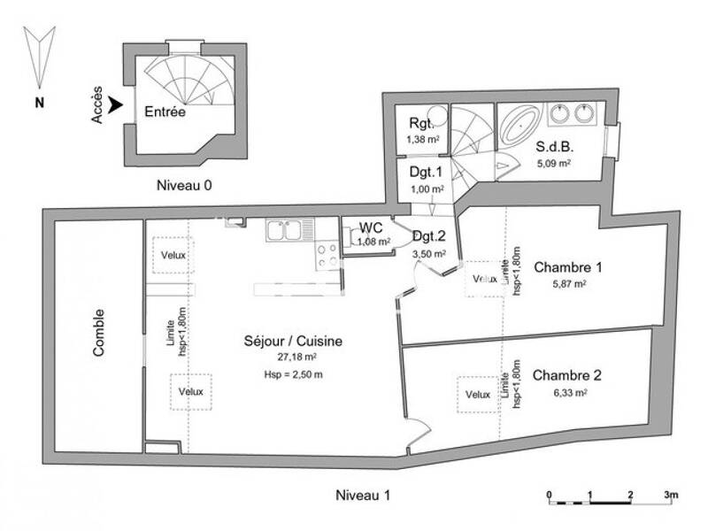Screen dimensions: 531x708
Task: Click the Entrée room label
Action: pyautogui.click(x=165, y=112)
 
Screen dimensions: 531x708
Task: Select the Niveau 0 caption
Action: pyautogui.click(x=184, y=186)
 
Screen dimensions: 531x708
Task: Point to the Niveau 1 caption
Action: pyautogui.click(x=362, y=495)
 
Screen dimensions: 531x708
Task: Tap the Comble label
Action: pyautogui.click(x=97, y=333)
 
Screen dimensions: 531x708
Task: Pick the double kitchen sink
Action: pyautogui.click(x=286, y=232)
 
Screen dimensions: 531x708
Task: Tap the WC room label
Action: pyautogui.click(x=371, y=227)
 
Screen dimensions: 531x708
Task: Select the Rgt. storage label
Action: pyautogui.click(x=421, y=124)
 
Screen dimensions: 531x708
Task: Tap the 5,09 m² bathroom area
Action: pyautogui.click(x=553, y=163)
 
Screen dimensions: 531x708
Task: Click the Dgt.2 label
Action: pyautogui.click(x=428, y=235)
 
